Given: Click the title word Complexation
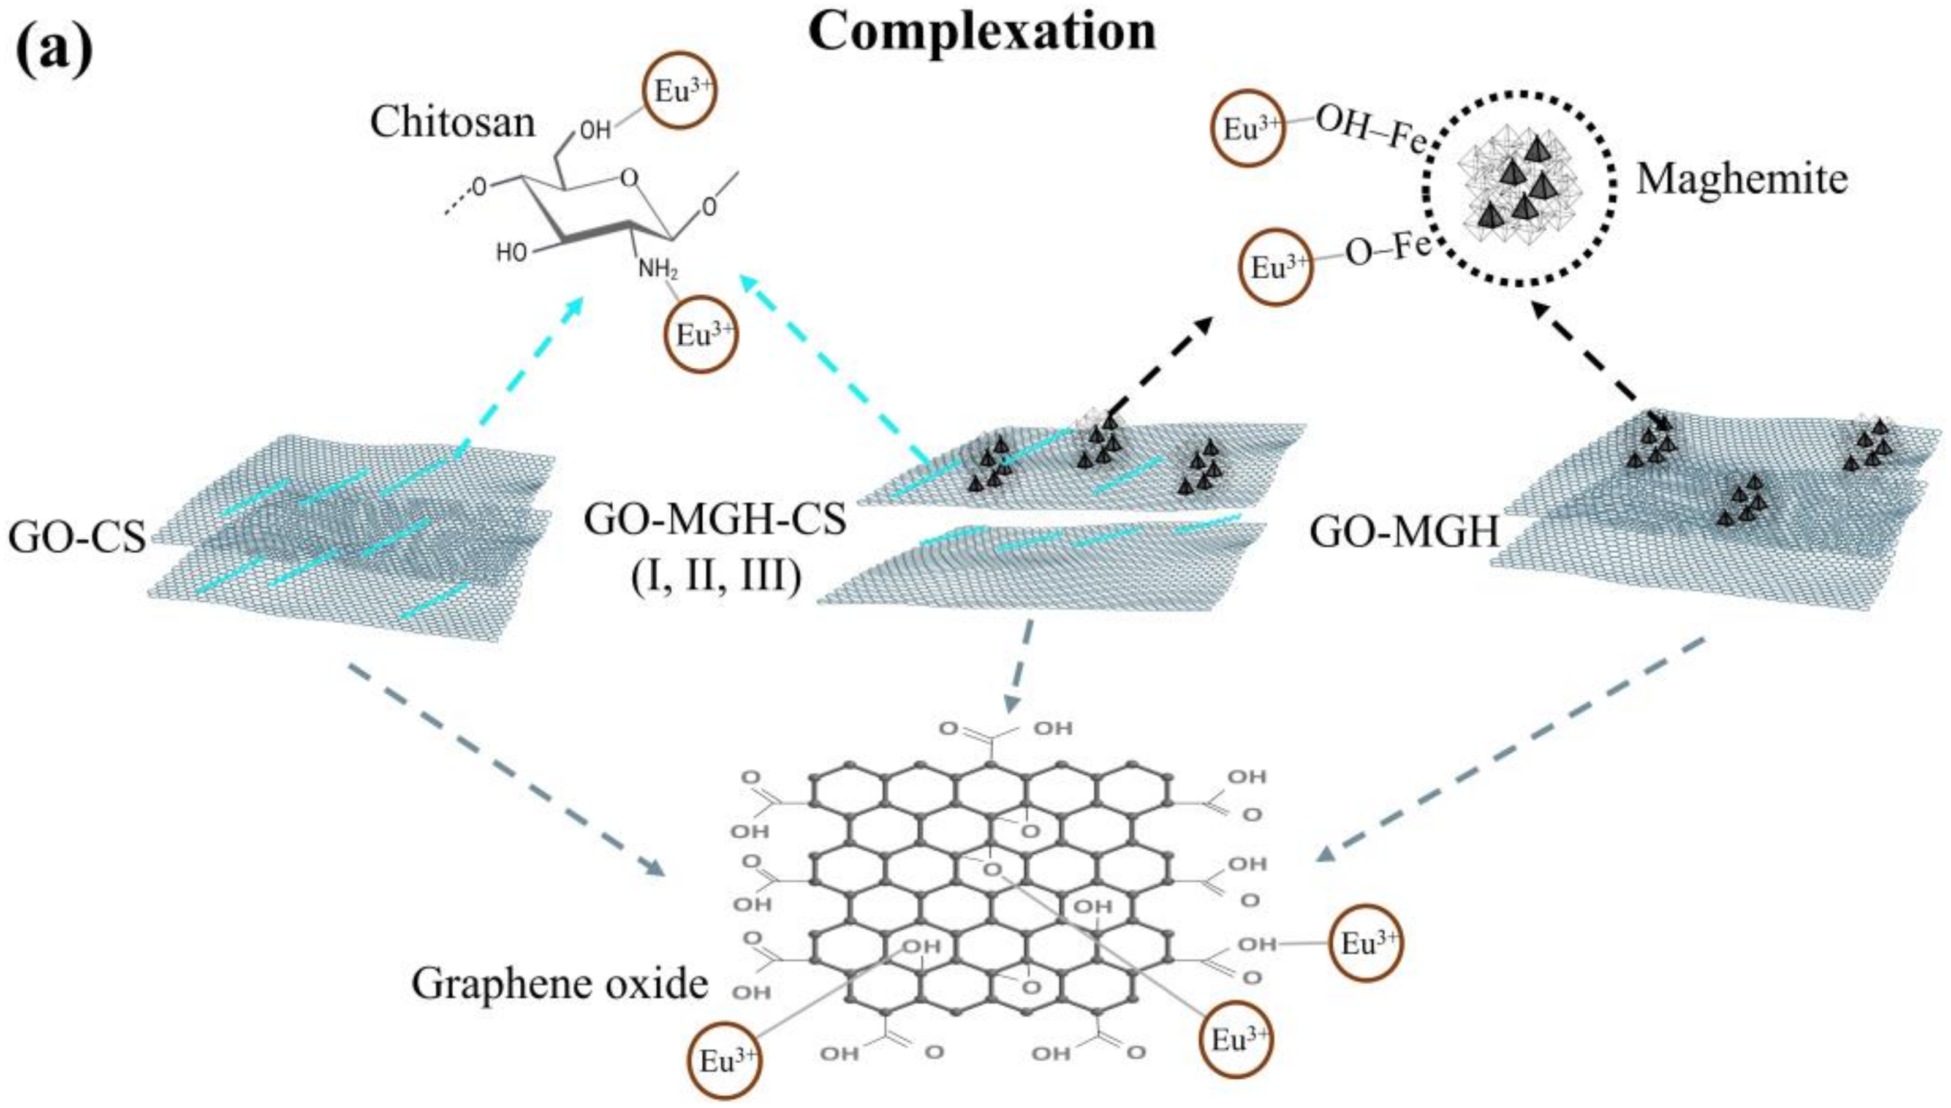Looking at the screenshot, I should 982,32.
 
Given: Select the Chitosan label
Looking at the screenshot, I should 453,122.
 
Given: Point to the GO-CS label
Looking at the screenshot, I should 76,537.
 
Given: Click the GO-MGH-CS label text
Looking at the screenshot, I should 714,520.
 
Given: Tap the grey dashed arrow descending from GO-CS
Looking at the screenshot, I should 502,768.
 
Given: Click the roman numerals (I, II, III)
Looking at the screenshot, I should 714,576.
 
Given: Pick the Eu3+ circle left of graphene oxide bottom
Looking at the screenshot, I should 724,1061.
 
